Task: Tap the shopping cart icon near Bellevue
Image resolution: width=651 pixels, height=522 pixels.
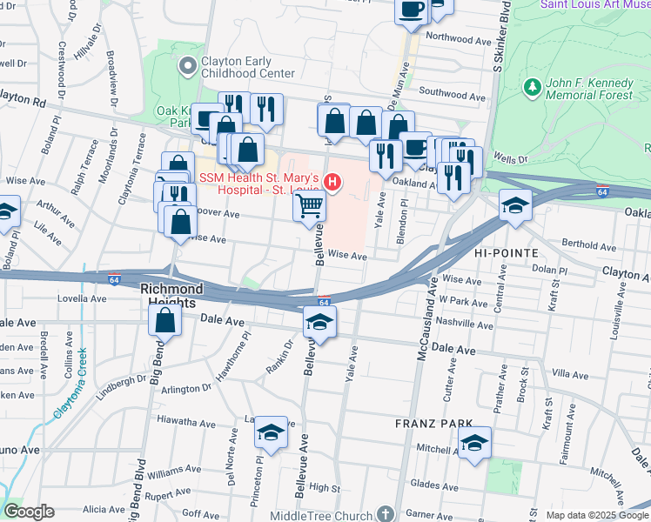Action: (310, 207)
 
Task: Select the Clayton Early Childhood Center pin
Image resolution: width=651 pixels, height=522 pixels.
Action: (186, 66)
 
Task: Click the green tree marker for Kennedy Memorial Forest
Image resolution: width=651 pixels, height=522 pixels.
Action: (532, 87)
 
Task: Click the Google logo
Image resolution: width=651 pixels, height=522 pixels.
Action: (29, 512)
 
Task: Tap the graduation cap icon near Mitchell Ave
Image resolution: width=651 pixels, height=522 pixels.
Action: (474, 441)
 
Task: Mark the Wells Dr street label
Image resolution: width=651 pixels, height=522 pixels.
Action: (511, 159)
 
